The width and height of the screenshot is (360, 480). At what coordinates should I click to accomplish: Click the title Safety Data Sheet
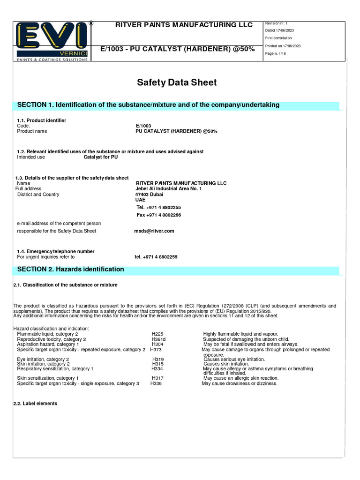point(177,83)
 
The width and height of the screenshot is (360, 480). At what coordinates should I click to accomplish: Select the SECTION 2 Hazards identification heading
point(71,270)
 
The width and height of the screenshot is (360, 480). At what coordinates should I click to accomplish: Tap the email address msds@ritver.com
point(154,231)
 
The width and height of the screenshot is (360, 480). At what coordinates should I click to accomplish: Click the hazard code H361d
point(159,339)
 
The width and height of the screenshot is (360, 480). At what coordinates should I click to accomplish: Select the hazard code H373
point(156,350)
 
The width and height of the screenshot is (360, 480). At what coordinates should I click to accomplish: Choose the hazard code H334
point(157,369)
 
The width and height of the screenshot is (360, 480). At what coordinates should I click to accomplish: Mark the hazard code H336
point(156,383)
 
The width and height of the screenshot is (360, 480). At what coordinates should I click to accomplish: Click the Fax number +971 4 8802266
point(159,215)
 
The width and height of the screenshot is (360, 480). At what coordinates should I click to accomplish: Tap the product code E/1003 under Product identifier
point(143,126)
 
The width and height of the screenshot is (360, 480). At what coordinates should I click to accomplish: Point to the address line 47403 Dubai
point(149,195)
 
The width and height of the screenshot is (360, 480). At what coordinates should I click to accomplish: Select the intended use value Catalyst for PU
point(101,157)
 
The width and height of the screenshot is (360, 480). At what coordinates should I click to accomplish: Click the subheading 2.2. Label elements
point(35,404)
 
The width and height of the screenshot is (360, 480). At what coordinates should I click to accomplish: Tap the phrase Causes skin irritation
point(226,364)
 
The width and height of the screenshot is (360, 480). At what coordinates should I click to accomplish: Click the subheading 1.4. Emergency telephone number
point(56,252)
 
